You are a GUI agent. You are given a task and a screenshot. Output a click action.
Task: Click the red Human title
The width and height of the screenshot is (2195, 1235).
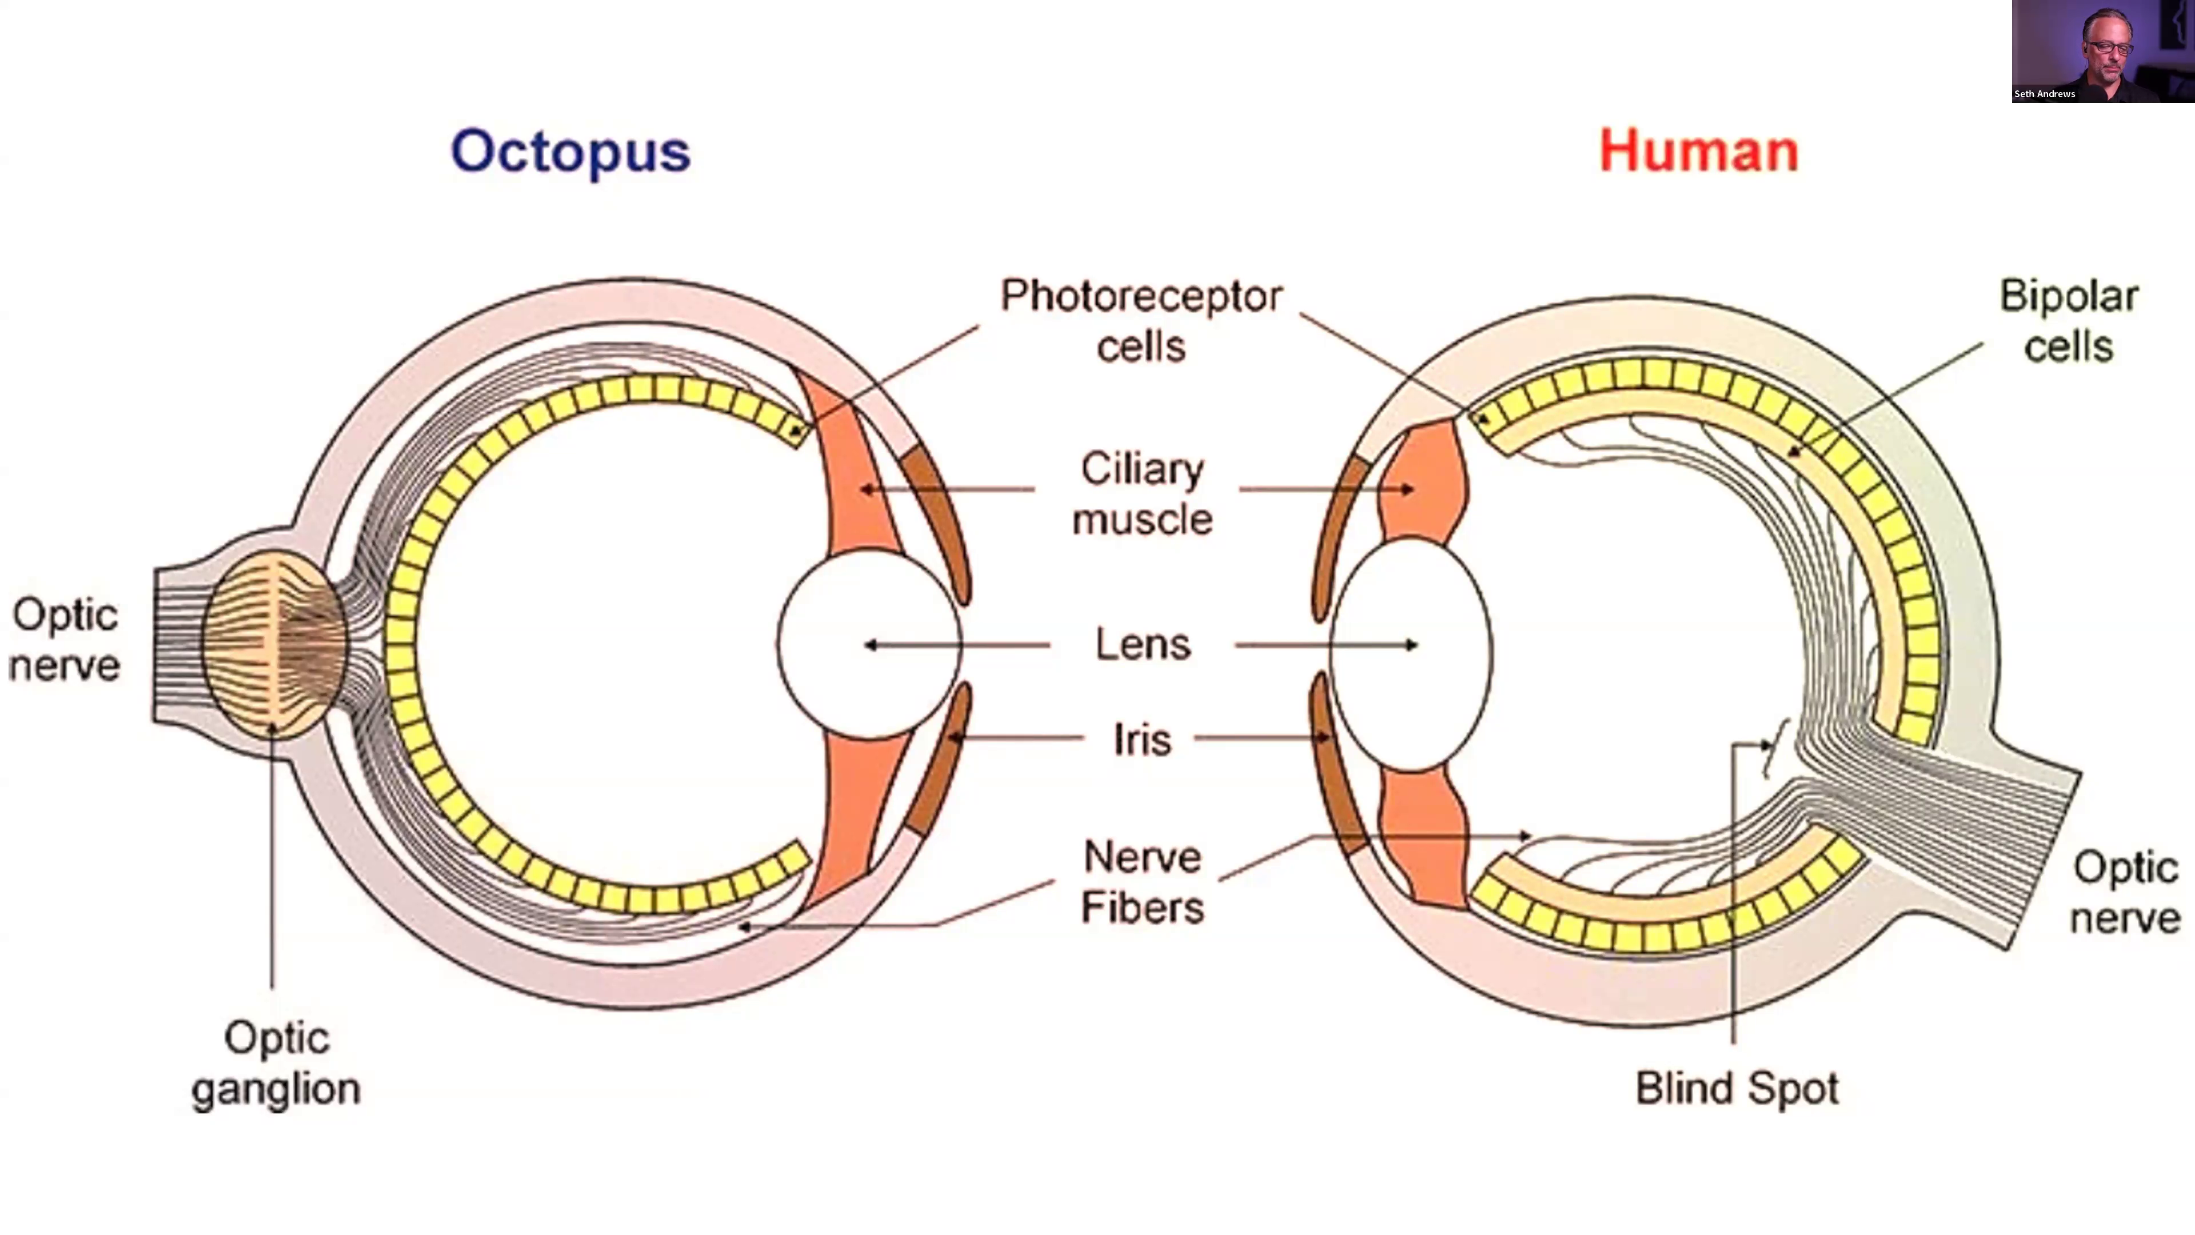coord(1699,151)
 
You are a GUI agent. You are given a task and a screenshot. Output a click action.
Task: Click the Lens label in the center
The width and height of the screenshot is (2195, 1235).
coord(1143,644)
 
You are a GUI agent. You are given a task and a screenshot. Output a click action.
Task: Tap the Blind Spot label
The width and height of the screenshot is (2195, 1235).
coord(1737,1089)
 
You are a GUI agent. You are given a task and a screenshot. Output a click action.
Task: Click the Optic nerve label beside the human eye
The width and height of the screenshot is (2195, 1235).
coord(2125,893)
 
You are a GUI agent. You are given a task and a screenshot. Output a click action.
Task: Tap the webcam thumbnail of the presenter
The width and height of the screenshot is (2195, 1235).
coord(2103,51)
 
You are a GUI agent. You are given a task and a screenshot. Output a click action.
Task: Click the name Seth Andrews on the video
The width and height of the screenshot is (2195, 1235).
coord(2044,94)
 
